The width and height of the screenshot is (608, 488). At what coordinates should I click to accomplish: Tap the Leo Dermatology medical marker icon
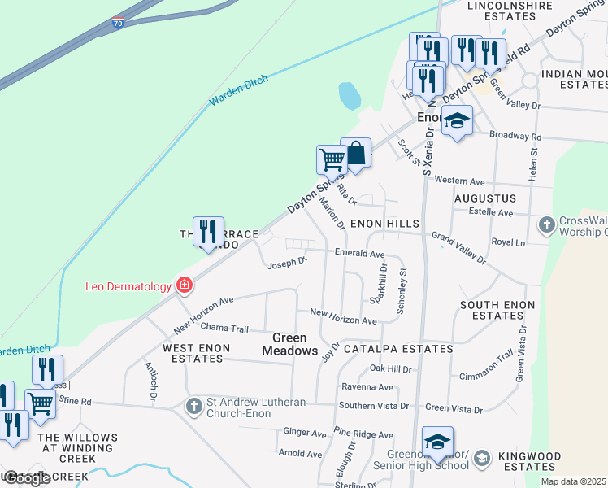(x=185, y=285)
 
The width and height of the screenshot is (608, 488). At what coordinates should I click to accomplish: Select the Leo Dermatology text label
(x=128, y=286)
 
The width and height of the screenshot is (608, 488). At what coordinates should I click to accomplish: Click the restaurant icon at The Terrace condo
(x=208, y=232)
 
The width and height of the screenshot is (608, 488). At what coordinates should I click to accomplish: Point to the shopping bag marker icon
(x=356, y=153)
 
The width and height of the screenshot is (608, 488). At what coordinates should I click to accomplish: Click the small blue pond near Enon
(x=350, y=96)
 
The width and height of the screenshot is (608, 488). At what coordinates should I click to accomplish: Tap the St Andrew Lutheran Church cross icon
(x=193, y=405)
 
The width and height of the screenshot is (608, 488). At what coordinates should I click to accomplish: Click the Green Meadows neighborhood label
(x=289, y=344)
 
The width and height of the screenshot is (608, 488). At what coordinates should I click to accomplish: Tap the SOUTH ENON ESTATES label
(x=497, y=310)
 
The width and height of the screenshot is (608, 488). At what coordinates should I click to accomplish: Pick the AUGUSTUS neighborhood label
(x=485, y=198)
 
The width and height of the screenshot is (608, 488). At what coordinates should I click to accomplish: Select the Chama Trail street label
(x=224, y=328)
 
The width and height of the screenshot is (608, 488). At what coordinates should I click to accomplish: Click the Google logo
(x=27, y=478)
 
